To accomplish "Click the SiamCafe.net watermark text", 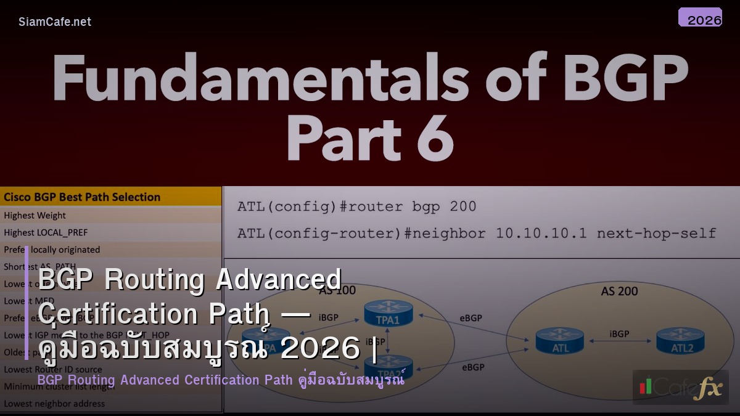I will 55,22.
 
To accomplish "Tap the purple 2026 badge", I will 700,18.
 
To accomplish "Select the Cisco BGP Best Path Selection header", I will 82,197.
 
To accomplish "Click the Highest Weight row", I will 35,216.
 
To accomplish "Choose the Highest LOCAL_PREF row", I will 46,232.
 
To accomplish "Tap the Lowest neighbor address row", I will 54,404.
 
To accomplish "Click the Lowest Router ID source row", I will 53,369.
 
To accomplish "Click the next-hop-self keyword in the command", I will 656,234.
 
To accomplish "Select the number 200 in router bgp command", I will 462,206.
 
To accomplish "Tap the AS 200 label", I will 619,291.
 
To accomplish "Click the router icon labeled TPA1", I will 388,312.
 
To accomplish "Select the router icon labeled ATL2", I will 680,340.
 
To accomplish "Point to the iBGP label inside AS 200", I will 619,333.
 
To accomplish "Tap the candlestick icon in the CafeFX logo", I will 645,386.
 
